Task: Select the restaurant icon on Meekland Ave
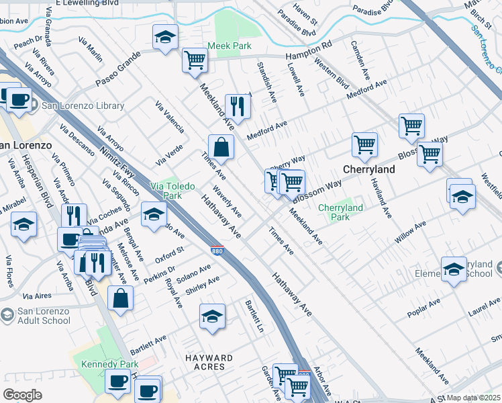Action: pos(238,105)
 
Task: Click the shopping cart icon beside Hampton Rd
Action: pos(195,59)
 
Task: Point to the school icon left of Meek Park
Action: pos(164,37)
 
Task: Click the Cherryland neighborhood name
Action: pos(368,170)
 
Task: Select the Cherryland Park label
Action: pos(340,212)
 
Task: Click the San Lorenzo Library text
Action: pos(83,105)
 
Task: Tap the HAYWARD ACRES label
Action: pos(210,363)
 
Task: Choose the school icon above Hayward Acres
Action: pos(212,316)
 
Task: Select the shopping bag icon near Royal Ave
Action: pos(120,299)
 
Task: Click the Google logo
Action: pos(23,395)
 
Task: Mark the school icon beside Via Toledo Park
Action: pos(154,214)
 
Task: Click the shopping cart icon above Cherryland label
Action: pos(364,144)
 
